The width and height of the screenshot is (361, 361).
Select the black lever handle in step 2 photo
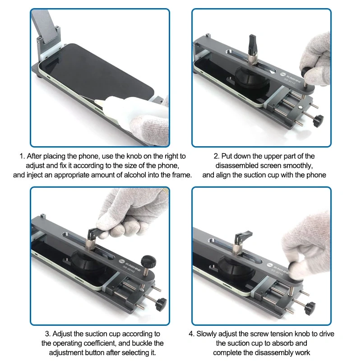coord(253,44)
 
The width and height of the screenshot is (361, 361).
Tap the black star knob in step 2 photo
coord(318,120)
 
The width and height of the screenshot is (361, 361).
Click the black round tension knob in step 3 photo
coord(148,261)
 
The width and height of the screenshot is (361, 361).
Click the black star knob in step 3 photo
coord(161,304)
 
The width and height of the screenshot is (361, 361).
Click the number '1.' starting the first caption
coord(22,156)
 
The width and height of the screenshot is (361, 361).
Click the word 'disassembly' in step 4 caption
coord(278,353)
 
